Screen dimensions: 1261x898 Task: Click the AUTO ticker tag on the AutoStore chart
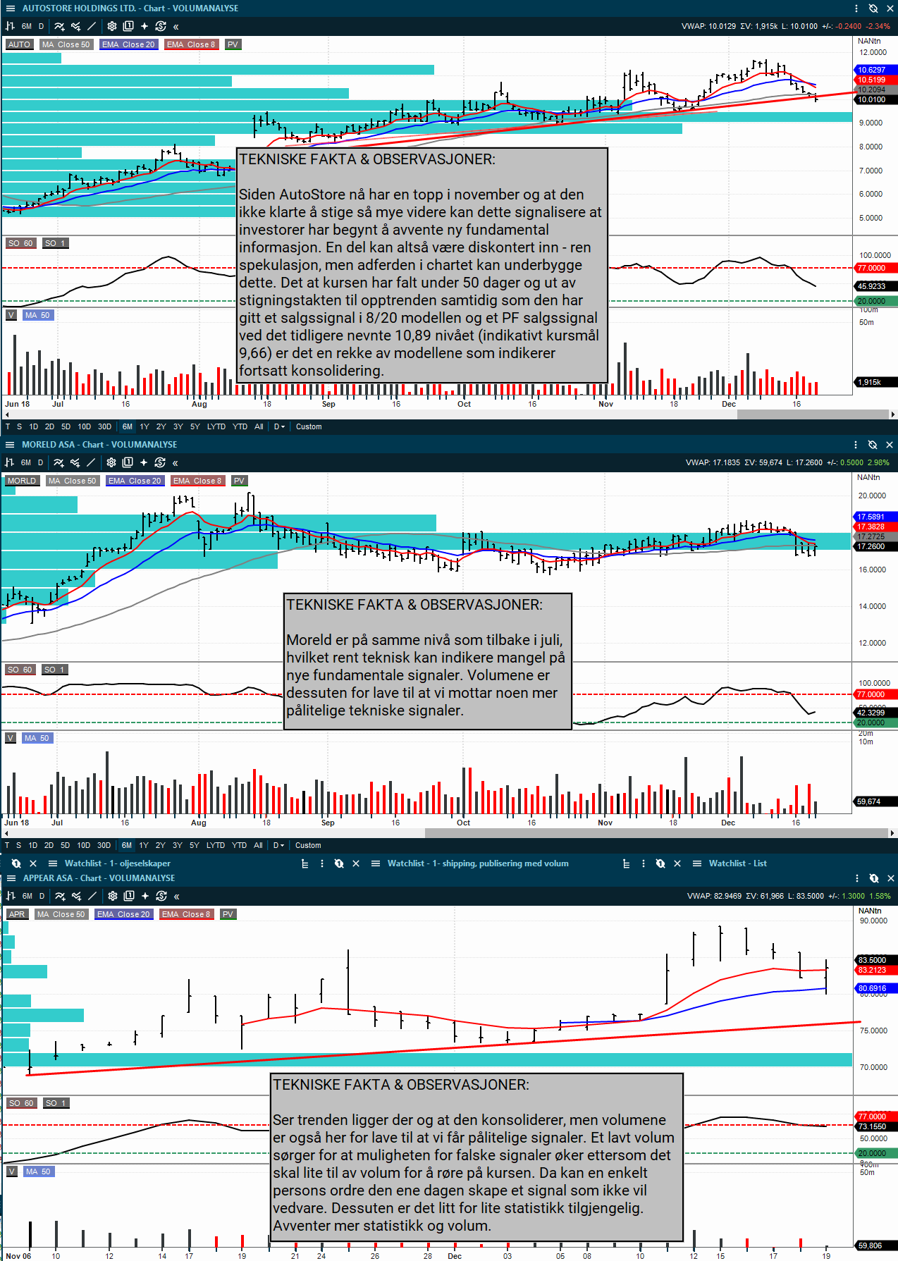pos(19,44)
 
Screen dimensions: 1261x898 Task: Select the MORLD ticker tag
pos(22,481)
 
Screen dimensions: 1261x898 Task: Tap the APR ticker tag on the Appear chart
pos(17,914)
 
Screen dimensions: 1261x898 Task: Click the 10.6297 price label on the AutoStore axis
pos(872,70)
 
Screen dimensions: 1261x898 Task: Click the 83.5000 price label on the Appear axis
pos(872,960)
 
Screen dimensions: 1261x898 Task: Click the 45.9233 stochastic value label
pos(872,286)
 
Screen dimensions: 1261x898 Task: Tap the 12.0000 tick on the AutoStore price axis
pos(872,53)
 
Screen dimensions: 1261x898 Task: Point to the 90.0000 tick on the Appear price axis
pos(873,921)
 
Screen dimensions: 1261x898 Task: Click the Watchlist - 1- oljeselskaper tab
pos(117,863)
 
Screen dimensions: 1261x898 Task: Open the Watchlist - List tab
pos(737,863)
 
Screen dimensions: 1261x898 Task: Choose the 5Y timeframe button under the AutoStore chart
pos(195,426)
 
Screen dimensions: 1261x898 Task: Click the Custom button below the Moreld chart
pos(308,845)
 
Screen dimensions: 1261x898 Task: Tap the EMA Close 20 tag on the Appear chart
pos(123,914)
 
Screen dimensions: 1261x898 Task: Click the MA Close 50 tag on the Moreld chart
pos(73,481)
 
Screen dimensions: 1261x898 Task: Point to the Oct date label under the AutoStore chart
pos(464,404)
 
